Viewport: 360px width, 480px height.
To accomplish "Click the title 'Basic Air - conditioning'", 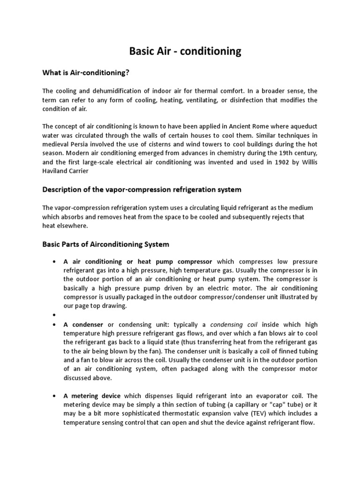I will (x=185, y=51).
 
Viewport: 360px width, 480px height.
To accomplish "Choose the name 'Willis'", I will (x=307, y=162).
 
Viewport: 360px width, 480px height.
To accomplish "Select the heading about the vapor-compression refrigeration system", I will (x=142, y=189).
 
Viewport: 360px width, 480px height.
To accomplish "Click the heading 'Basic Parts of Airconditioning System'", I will (x=106, y=244).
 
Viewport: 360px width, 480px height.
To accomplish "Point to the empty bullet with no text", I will (x=55, y=315).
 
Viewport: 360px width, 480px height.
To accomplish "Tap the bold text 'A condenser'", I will (x=84, y=324).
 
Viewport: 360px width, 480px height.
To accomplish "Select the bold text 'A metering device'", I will (x=92, y=396).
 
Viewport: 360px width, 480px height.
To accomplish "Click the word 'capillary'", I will (x=226, y=405).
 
